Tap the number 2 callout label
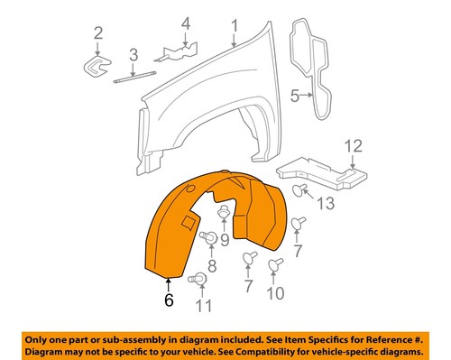click(98, 35)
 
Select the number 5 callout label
click(294, 93)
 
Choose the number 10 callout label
click(277, 292)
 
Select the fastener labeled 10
click(276, 266)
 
